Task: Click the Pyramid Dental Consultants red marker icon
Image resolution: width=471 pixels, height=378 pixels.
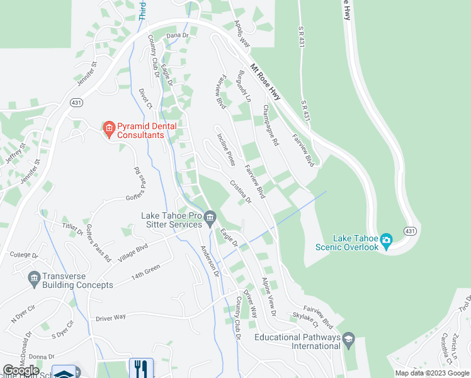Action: click(x=108, y=130)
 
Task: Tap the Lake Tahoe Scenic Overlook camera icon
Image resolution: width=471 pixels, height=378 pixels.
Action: click(x=387, y=239)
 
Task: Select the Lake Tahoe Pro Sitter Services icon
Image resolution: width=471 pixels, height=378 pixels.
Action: click(x=210, y=224)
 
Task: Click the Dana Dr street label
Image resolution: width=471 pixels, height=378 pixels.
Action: click(x=178, y=36)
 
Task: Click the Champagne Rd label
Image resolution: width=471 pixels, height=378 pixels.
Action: click(x=270, y=126)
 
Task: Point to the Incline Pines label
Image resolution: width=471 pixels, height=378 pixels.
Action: click(x=226, y=149)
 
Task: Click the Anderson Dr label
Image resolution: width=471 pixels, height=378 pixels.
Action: click(x=209, y=260)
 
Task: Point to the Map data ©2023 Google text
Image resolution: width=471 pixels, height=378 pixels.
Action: click(x=433, y=373)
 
